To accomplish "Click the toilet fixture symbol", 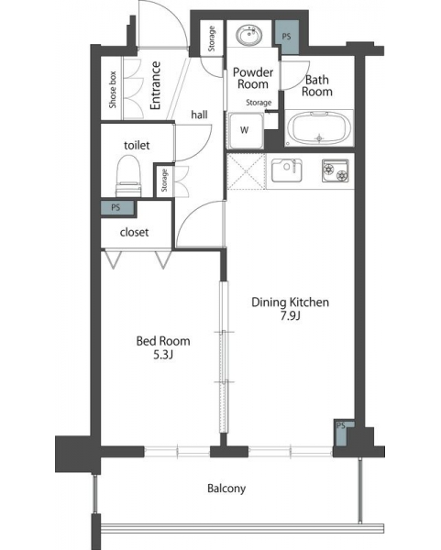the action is point(128,176).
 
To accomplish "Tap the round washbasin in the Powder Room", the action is point(249,36).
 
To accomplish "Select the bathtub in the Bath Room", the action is point(319,128).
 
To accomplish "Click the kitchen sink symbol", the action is point(287,170).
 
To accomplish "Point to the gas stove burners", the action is point(336,170).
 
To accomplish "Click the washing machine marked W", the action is point(246,131).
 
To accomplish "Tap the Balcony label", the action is point(226,489).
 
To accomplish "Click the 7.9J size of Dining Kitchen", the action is point(290,316).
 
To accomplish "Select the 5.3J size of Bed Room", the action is point(163,356).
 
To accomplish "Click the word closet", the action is point(135,232).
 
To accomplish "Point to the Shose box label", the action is point(112,90).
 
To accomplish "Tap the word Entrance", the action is point(155,85).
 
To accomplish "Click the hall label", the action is point(199,115).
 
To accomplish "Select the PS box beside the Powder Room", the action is point(287,37).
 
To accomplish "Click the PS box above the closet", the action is point(117,208).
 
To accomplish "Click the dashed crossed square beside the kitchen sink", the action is point(247,171).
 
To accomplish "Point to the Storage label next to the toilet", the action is point(164,181).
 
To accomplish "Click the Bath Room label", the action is point(317,85).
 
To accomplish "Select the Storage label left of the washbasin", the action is point(212,38).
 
